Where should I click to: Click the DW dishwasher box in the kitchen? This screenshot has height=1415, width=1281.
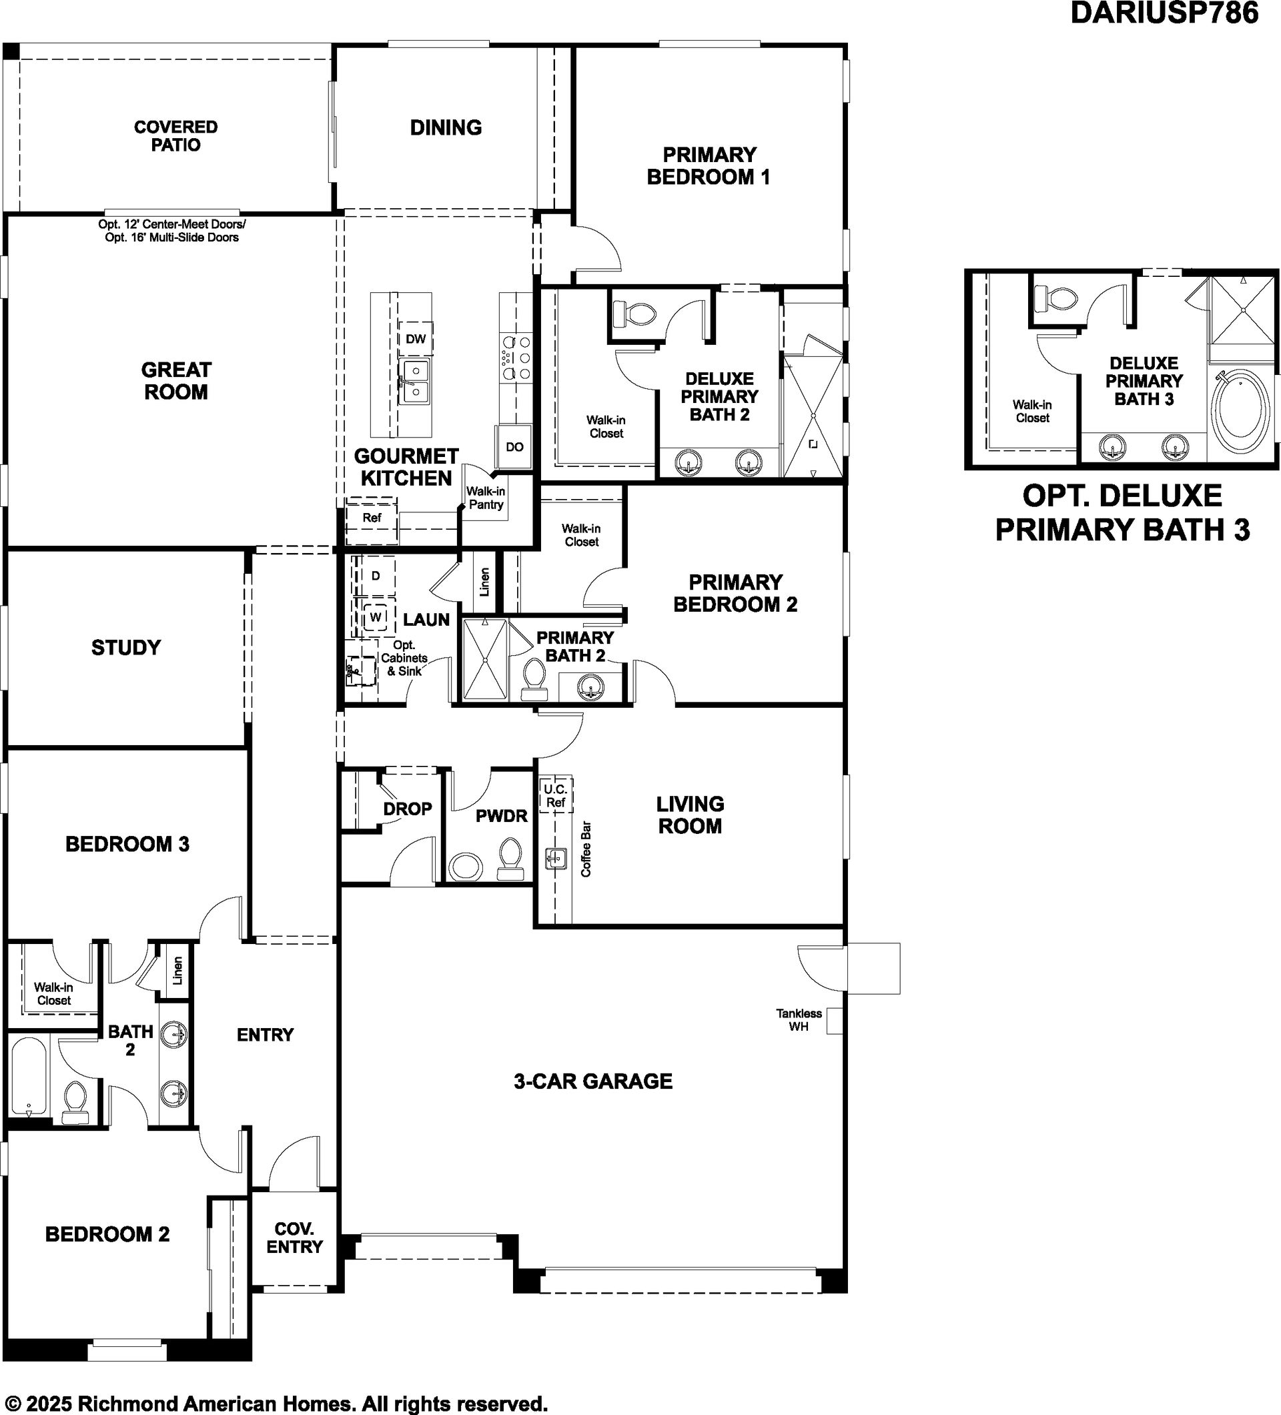pos(416,339)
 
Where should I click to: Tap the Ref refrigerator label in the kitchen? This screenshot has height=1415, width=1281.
pos(372,518)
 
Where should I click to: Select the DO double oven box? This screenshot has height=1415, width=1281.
pos(514,446)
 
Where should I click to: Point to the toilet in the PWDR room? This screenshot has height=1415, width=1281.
pos(510,860)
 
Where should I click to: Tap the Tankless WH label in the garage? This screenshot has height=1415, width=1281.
pos(799,1020)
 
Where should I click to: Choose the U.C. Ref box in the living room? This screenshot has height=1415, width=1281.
pos(555,795)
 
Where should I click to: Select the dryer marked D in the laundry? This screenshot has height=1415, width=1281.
pos(376,576)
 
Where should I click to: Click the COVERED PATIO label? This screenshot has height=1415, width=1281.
pos(176,136)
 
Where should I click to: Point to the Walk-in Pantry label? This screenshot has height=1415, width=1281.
pos(486,498)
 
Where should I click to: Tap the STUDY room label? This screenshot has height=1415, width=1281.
pos(126,647)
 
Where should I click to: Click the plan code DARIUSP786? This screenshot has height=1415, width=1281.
pos(1164,13)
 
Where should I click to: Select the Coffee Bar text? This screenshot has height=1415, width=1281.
pos(586,849)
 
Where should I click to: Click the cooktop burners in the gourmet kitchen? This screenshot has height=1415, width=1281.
pos(516,358)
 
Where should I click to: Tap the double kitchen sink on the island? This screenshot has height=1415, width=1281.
pos(416,382)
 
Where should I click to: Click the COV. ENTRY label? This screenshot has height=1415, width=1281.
pos(295,1238)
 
